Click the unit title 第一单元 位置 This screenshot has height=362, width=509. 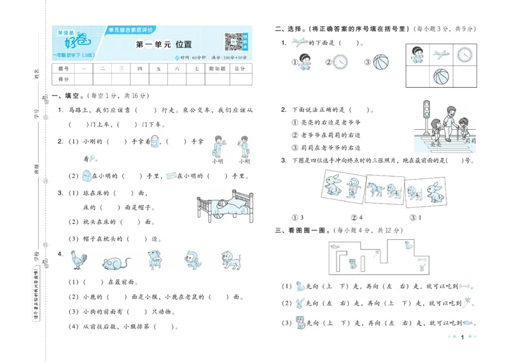click(x=159, y=45)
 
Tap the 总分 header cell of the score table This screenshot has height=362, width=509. click(x=239, y=68)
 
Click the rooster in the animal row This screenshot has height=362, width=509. click(x=82, y=260)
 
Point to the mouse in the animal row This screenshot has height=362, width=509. click(x=115, y=261)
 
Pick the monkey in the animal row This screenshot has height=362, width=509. click(x=190, y=260)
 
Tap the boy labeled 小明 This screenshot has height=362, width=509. click(x=218, y=146)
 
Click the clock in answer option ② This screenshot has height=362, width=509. click(x=341, y=62)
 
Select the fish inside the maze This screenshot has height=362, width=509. click(x=334, y=244)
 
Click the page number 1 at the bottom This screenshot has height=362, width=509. click(x=461, y=338)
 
